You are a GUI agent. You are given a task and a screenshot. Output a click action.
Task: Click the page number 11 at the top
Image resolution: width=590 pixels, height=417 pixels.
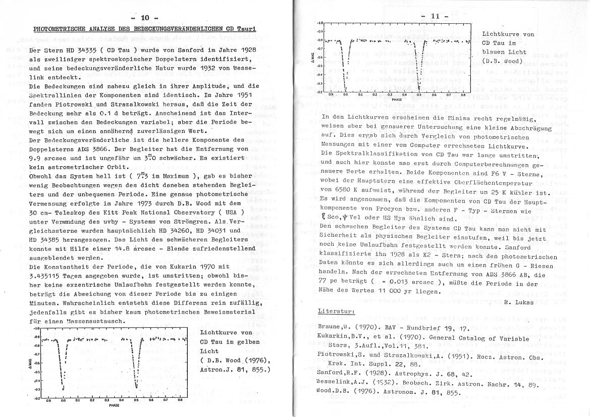click(437, 16)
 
